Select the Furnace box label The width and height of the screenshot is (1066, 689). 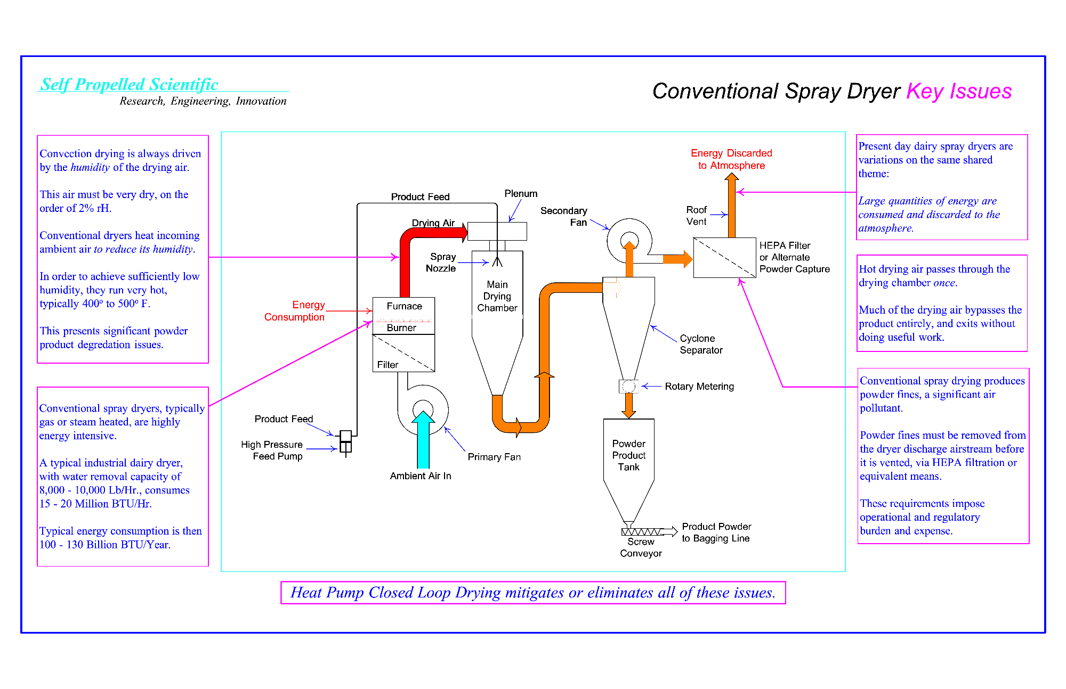(x=404, y=306)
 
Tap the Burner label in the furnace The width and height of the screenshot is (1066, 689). (x=401, y=328)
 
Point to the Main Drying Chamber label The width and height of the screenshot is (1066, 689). (x=497, y=296)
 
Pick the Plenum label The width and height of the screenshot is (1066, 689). (x=521, y=194)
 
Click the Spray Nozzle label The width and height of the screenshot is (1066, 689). (x=441, y=263)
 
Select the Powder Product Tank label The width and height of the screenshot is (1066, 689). (x=628, y=455)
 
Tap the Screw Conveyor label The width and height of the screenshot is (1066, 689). (x=641, y=547)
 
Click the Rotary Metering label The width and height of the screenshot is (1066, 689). (x=699, y=387)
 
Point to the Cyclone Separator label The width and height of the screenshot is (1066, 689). (x=701, y=344)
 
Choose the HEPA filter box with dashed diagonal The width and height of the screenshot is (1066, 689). (x=724, y=258)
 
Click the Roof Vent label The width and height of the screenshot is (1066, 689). (x=696, y=216)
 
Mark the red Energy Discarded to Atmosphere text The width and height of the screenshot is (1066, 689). (x=731, y=159)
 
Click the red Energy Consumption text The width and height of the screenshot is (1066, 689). (x=295, y=311)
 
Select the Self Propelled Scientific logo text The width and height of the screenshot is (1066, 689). (x=130, y=84)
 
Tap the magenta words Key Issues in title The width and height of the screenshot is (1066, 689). (x=959, y=91)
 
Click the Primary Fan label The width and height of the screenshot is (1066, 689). (x=494, y=457)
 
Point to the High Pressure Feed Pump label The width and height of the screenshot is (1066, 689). (x=272, y=450)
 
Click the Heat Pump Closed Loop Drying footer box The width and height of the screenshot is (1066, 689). (x=533, y=593)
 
